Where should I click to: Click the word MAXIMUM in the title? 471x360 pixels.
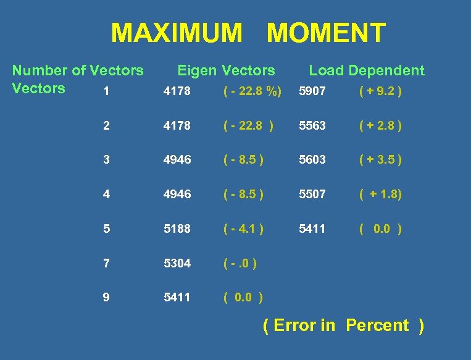coord(177,33)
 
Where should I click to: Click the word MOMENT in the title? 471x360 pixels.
coord(326,33)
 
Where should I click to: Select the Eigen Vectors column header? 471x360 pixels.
coord(226,70)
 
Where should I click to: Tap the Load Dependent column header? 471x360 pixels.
coord(367,70)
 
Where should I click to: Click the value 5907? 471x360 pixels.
coord(312,92)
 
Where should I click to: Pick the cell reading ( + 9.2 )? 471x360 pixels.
coord(380,92)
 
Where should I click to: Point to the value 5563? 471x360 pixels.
coord(312,126)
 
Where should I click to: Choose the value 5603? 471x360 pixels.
coord(312,160)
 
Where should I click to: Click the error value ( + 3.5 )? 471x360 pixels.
coord(380,160)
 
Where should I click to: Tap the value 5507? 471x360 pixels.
coord(312,194)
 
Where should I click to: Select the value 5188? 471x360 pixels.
coord(177,228)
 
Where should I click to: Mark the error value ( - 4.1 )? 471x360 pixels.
coord(243,228)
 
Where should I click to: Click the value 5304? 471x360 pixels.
coord(177,263)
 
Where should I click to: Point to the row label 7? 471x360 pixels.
coord(107,263)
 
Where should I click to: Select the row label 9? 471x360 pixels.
coord(107,297)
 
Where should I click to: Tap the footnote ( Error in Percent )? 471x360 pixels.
coord(343,325)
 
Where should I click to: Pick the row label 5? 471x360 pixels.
coord(107,228)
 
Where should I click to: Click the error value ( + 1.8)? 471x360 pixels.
coord(381,194)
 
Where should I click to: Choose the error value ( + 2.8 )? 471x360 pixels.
coord(380,126)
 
